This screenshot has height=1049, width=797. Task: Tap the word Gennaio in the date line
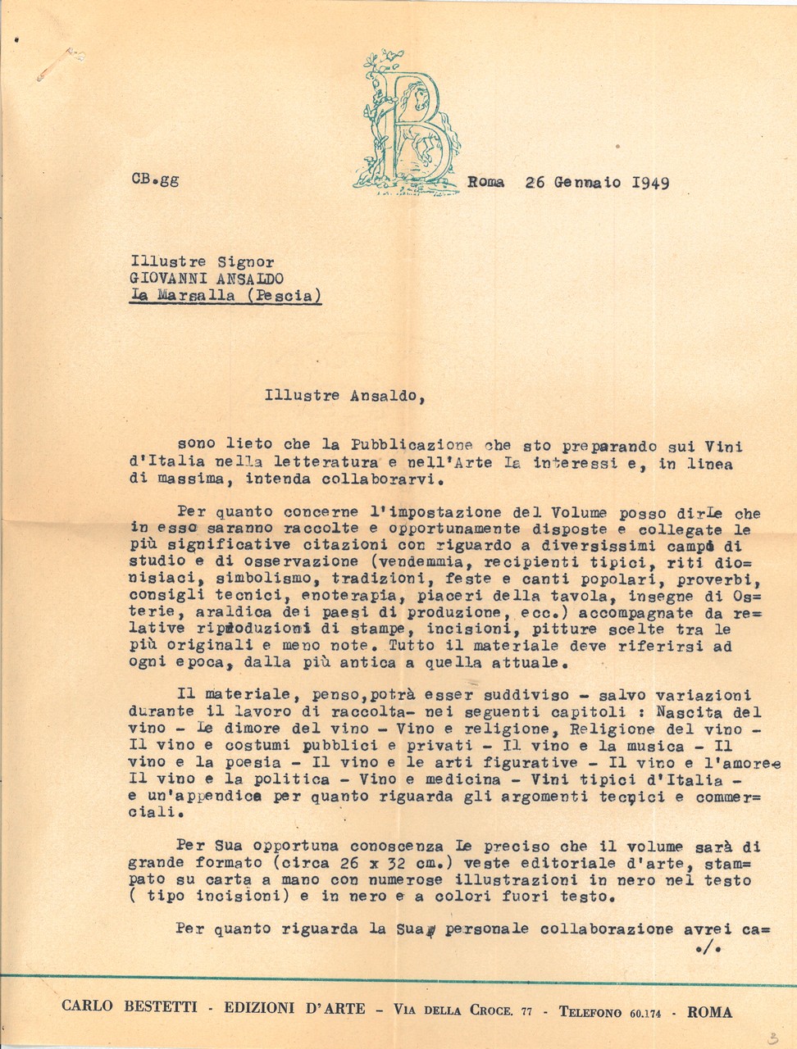(587, 182)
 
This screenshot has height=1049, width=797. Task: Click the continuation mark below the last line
(704, 950)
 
